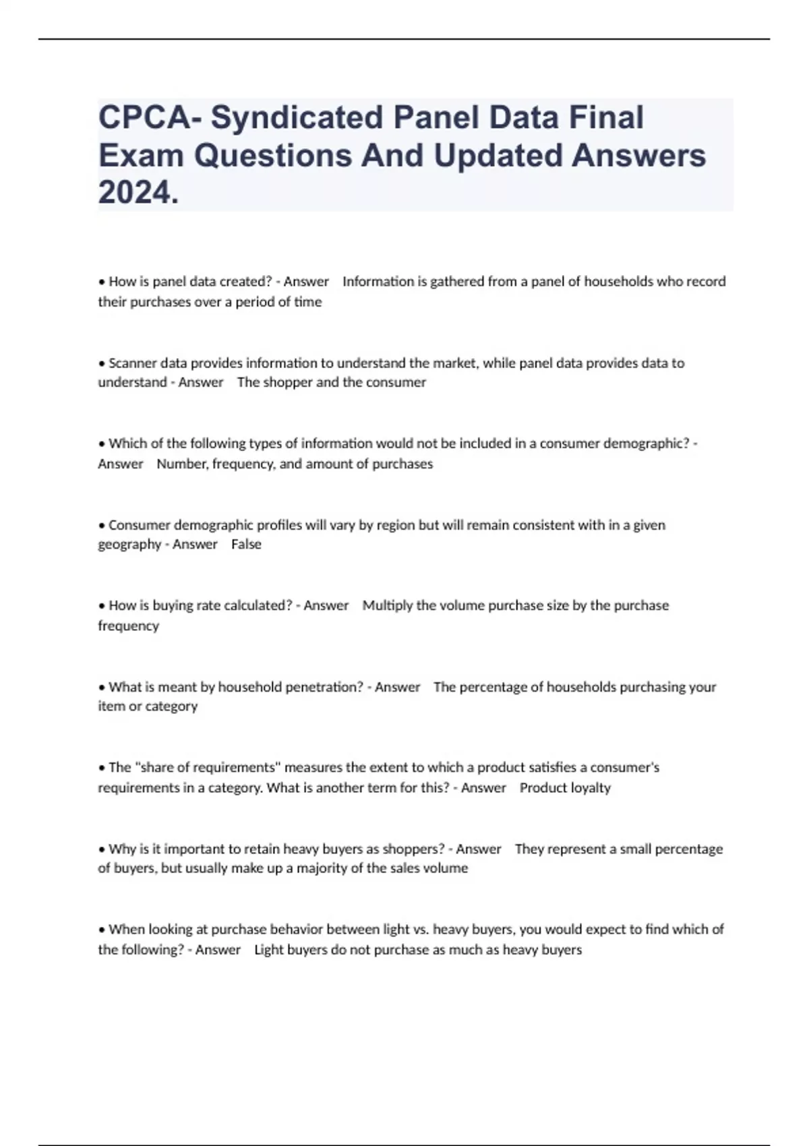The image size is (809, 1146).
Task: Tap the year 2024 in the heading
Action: (x=138, y=193)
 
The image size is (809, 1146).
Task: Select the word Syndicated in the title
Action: (x=297, y=117)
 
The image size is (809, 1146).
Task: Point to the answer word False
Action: (x=246, y=545)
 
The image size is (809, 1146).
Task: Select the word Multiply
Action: (x=388, y=605)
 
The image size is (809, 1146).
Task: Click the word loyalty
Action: (x=591, y=788)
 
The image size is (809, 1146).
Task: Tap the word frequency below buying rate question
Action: (x=129, y=626)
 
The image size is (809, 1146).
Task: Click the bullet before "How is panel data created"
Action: (x=102, y=282)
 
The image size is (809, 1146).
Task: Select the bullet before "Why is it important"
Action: (x=102, y=849)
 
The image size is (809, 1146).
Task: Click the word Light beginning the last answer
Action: (x=267, y=950)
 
